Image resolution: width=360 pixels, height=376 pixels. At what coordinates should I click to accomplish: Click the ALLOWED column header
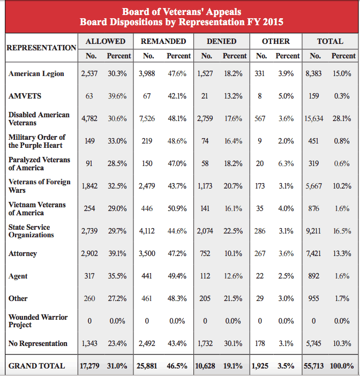(106, 41)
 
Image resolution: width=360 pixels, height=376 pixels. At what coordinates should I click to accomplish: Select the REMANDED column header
(163, 41)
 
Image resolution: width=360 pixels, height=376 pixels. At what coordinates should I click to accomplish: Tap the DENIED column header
(222, 41)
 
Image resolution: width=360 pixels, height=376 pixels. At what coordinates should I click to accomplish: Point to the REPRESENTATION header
(41, 48)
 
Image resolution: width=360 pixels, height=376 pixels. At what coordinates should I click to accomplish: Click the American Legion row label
(36, 73)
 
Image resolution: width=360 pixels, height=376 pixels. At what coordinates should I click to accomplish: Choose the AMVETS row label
(25, 96)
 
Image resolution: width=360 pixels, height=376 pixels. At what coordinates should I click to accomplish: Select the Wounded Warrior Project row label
(38, 321)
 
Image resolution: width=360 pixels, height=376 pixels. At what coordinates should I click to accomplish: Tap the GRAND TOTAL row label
(36, 366)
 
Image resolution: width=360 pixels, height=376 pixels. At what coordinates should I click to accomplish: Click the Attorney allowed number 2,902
(89, 253)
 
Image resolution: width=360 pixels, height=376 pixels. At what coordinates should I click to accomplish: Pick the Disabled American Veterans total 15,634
(314, 118)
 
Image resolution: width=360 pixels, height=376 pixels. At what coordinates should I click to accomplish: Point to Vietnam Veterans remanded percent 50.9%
(177, 208)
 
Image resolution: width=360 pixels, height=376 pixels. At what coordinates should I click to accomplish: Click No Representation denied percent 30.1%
(233, 343)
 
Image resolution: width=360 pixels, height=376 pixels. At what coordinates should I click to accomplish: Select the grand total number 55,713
(314, 366)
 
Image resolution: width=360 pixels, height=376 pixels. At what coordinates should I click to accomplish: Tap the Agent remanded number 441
(147, 276)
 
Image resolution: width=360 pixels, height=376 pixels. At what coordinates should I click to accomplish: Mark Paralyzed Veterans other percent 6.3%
(286, 163)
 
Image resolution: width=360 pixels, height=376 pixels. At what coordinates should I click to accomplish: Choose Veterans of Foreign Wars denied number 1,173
(205, 186)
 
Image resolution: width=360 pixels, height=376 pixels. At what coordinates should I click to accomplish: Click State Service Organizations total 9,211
(313, 231)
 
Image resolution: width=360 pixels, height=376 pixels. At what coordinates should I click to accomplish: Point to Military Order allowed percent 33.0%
(117, 141)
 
